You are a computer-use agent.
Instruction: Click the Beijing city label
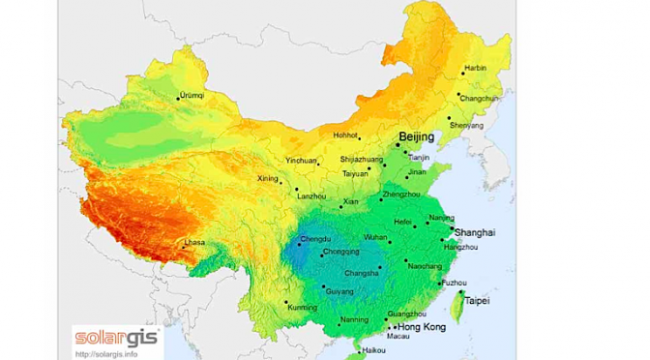tap(417, 137)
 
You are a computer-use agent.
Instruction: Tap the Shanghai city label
tap(474, 232)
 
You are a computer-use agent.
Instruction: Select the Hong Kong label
tap(421, 328)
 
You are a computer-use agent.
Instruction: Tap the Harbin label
tap(475, 69)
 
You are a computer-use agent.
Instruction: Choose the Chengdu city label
tap(315, 238)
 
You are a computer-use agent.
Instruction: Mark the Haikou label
tap(371, 349)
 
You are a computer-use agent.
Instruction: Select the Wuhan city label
tap(375, 236)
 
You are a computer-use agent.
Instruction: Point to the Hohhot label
tap(344, 136)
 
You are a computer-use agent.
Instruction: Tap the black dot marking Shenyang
tap(449, 118)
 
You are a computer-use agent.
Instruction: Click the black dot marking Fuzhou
tap(441, 284)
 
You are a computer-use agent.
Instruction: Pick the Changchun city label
tap(480, 98)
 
